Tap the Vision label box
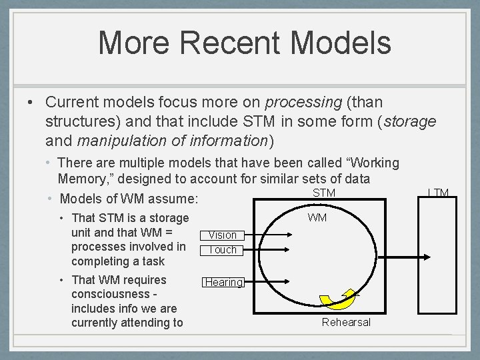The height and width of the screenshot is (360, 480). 223,235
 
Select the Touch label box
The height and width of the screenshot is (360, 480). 223,249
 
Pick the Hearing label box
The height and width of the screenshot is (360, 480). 223,282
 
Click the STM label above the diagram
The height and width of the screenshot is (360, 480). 323,193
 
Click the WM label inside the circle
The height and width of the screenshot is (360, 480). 317,218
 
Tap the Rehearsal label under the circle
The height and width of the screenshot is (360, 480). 345,323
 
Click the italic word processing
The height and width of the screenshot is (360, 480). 303,102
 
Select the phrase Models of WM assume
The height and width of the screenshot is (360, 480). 129,199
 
